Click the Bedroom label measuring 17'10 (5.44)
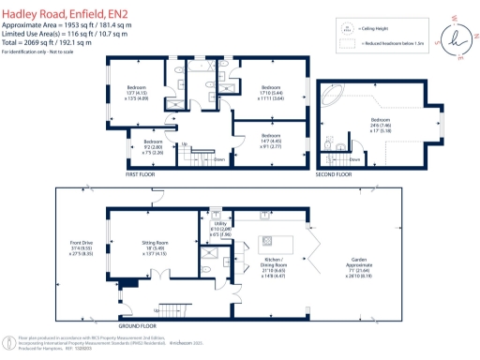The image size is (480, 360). click(273, 92)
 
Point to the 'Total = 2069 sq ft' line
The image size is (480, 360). click(46, 43)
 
